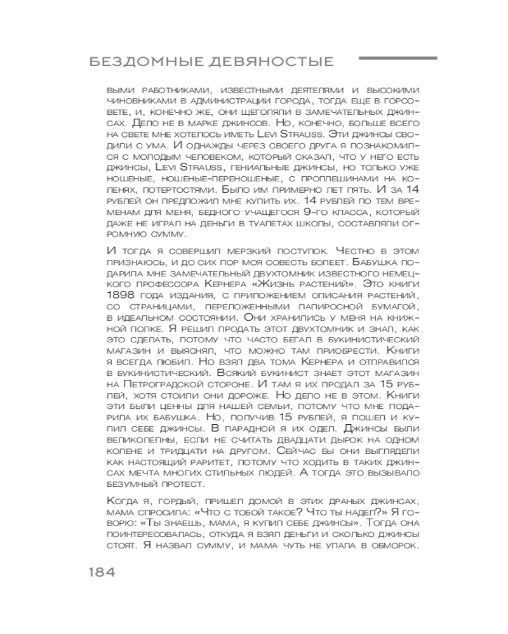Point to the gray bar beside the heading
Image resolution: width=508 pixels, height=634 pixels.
point(398,59)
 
